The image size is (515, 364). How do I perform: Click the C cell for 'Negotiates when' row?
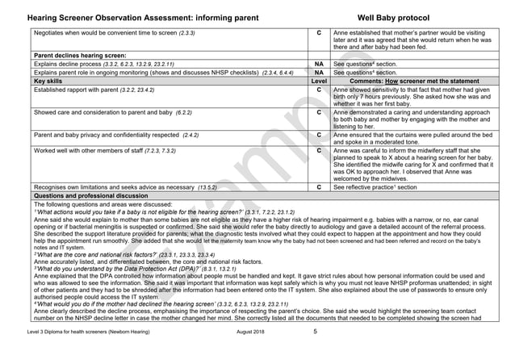pos(320,33)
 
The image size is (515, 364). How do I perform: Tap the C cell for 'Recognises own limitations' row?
pos(320,186)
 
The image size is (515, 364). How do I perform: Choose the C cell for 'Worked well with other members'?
pos(320,151)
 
